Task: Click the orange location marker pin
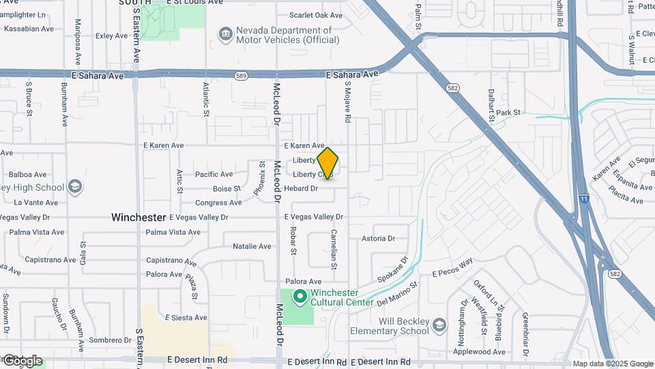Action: click(327, 163)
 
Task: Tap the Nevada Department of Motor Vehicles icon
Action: click(224, 33)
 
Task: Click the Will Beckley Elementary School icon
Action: click(438, 324)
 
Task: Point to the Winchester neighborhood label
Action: click(139, 217)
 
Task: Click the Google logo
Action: click(22, 360)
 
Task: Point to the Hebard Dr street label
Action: click(301, 188)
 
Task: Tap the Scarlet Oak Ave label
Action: click(316, 15)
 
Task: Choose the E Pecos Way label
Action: click(452, 267)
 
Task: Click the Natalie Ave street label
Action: click(252, 246)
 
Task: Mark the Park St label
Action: click(508, 113)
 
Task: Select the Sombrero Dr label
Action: click(109, 340)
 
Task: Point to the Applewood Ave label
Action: click(482, 352)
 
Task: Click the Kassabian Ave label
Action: click(29, 29)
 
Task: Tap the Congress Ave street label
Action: click(218, 203)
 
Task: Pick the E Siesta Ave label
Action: click(186, 317)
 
